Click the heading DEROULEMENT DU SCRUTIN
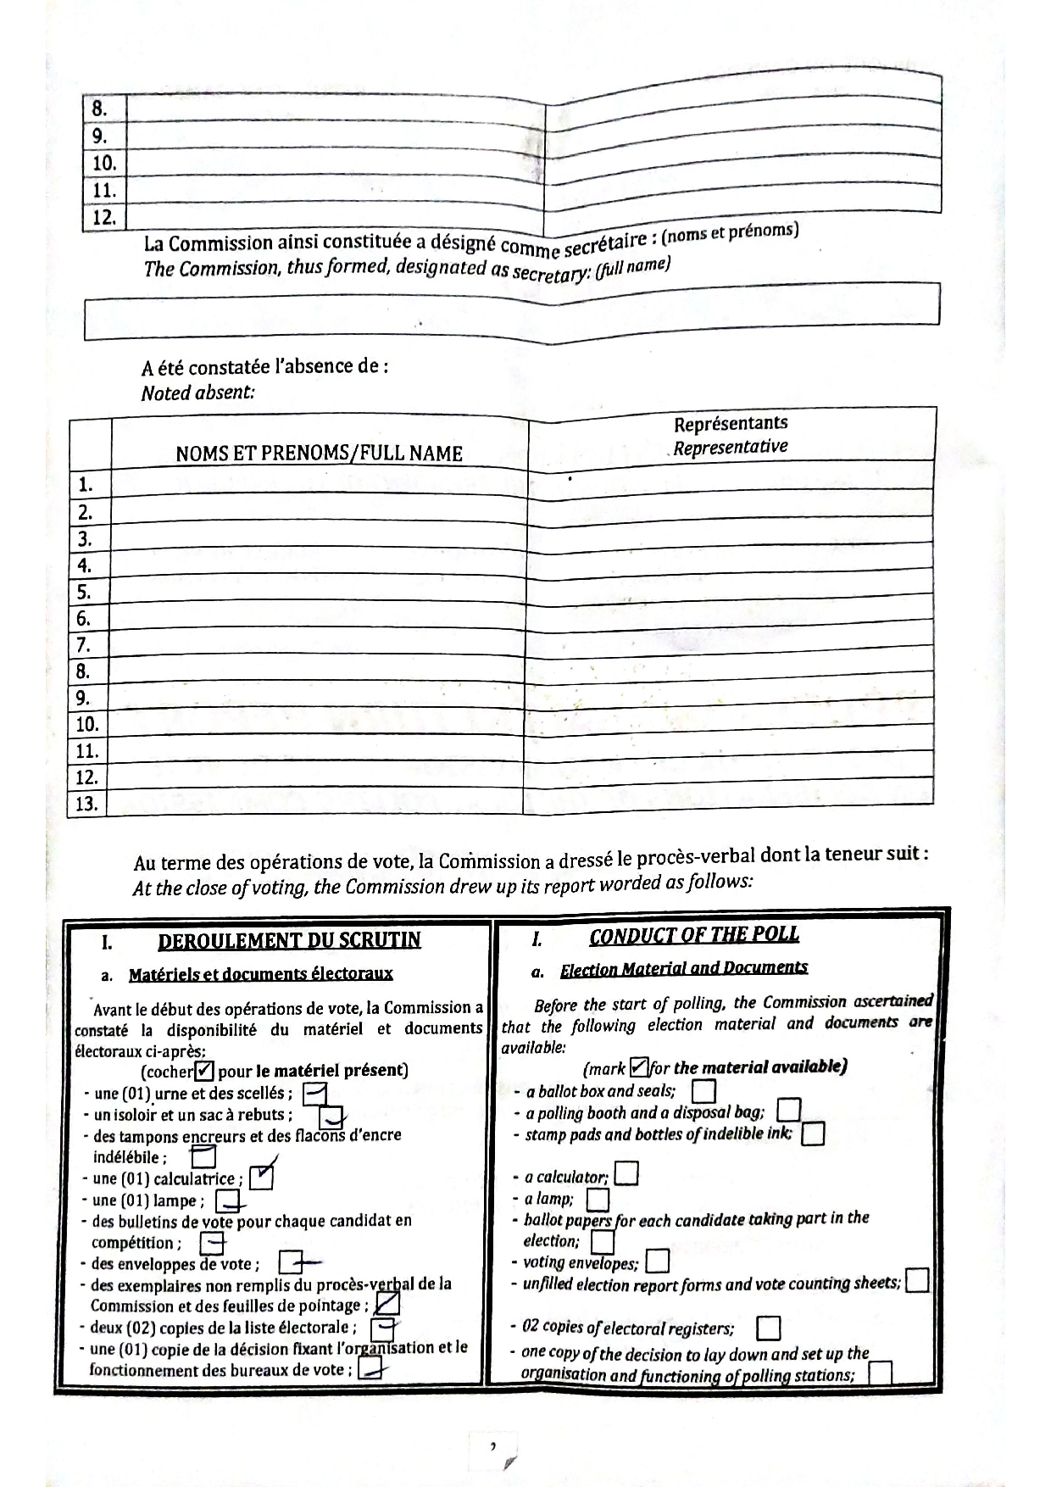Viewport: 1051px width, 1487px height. pyautogui.click(x=289, y=940)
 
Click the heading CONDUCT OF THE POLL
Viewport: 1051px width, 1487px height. pyautogui.click(x=693, y=935)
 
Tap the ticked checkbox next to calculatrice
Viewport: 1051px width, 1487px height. pyautogui.click(x=262, y=1178)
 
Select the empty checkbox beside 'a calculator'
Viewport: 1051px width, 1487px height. pyautogui.click(x=626, y=1173)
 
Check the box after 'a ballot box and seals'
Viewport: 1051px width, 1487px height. pyautogui.click(x=703, y=1090)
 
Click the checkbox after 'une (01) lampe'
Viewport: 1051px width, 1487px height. pyautogui.click(x=227, y=1200)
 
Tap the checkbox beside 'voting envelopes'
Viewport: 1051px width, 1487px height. pyautogui.click(x=657, y=1261)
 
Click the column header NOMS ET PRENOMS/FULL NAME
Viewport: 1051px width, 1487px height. pyautogui.click(x=319, y=454)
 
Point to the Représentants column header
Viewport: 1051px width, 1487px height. pyautogui.click(x=730, y=433)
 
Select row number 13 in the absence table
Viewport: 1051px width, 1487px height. pyautogui.click(x=87, y=804)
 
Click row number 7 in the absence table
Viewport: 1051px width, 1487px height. pyautogui.click(x=83, y=645)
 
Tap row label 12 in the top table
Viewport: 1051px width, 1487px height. pyautogui.click(x=104, y=218)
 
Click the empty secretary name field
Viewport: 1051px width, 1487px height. pyautogui.click(x=511, y=316)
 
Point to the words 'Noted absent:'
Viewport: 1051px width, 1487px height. pyautogui.click(x=197, y=393)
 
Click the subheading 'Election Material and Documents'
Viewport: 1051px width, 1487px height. pyautogui.click(x=683, y=967)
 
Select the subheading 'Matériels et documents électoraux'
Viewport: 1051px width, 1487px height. pyautogui.click(x=260, y=974)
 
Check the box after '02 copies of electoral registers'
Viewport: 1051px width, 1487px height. pyautogui.click(x=767, y=1327)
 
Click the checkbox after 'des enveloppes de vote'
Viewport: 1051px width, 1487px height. pyautogui.click(x=291, y=1263)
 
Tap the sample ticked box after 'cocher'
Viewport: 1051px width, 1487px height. pyautogui.click(x=205, y=1071)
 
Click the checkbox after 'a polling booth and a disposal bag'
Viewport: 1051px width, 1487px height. pyautogui.click(x=788, y=1110)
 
